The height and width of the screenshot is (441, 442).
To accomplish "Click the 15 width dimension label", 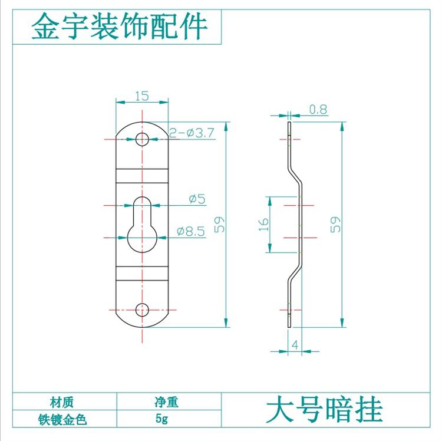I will pos(141,96).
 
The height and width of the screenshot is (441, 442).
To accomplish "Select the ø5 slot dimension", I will pos(196,199).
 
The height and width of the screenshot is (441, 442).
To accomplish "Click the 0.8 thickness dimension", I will pos(318,109).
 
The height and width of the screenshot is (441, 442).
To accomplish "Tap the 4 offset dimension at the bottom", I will pos(293,345).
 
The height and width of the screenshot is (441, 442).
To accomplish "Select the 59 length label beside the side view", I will pos(335,224).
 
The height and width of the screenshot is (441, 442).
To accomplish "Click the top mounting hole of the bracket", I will pos(142,139).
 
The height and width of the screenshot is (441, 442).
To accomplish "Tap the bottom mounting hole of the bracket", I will pos(142,310).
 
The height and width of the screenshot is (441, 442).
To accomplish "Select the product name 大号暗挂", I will pos(324,410).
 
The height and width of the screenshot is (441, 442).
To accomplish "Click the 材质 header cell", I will pos(62,402).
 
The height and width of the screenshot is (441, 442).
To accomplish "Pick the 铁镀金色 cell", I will pos(62,420).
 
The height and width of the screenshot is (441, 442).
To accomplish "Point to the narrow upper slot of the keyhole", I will pos(142,210).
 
